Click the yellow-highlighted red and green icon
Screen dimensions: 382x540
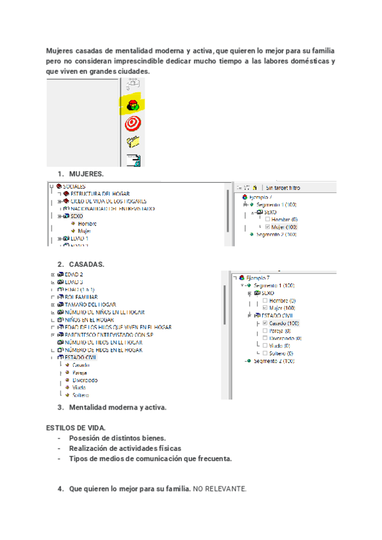[x=133, y=105]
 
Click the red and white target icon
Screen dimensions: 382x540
[x=133, y=123]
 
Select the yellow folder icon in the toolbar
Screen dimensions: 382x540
[x=133, y=141]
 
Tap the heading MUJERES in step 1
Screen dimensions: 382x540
[x=86, y=173]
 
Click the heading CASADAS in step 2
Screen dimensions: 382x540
[x=87, y=264]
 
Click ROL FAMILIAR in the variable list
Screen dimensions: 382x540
[x=81, y=297]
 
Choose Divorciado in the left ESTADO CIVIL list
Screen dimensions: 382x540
[x=85, y=380]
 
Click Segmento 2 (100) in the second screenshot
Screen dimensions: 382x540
[x=274, y=361]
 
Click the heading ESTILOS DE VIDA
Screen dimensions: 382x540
[x=76, y=428]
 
